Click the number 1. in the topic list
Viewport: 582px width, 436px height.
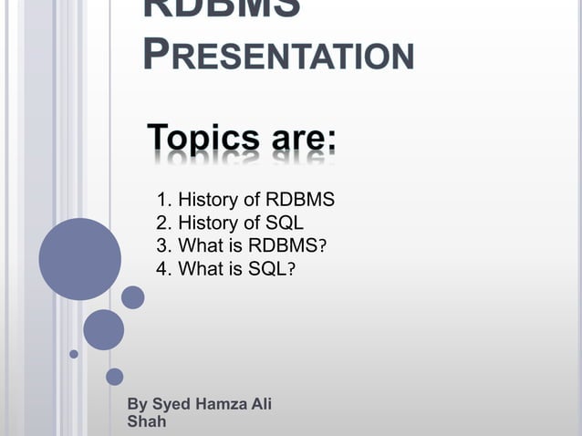(x=165, y=201)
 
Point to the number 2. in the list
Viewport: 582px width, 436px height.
(x=165, y=223)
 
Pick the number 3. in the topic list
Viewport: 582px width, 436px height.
(x=165, y=246)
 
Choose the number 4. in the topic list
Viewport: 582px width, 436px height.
(x=165, y=269)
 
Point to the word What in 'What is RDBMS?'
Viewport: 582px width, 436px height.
(x=200, y=246)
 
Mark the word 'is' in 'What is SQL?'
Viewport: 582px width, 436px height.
(x=236, y=269)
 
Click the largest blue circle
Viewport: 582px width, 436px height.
(x=79, y=259)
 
